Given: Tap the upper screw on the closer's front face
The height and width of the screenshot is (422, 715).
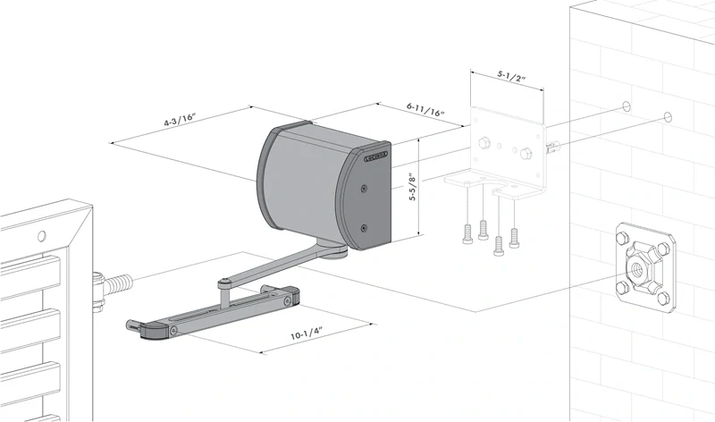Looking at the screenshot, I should pos(363,189).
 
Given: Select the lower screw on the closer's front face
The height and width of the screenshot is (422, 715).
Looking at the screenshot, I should pos(363,228).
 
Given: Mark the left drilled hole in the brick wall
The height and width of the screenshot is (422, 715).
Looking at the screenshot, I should pos(627,106).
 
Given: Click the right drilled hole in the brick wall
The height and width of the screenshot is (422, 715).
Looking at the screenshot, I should pos(668,116).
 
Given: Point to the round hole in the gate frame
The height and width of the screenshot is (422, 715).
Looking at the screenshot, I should pos(40,236).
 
